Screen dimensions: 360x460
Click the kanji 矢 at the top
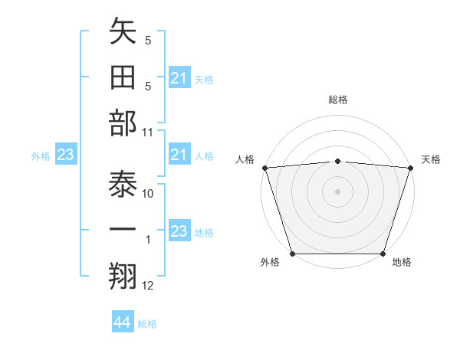[123, 33]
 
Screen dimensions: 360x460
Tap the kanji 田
[123, 79]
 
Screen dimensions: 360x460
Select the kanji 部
[123, 125]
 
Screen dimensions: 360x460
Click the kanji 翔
[123, 277]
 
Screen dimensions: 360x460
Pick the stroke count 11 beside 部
[148, 132]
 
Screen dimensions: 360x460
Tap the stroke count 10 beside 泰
[148, 194]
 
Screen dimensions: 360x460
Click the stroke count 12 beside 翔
[148, 286]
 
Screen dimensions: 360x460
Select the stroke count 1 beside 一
[148, 240]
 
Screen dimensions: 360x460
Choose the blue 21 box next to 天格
[179, 77]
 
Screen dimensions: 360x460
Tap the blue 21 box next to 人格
[179, 155]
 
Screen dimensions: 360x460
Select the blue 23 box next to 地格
[179, 231]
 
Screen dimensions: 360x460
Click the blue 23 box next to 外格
[65, 155]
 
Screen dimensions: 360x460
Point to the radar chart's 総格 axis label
[337, 100]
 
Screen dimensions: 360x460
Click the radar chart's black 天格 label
[431, 159]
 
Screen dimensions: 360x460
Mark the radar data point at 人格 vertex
[264, 167]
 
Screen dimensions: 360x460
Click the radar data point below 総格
[337, 161]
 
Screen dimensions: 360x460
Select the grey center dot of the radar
[337, 191]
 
